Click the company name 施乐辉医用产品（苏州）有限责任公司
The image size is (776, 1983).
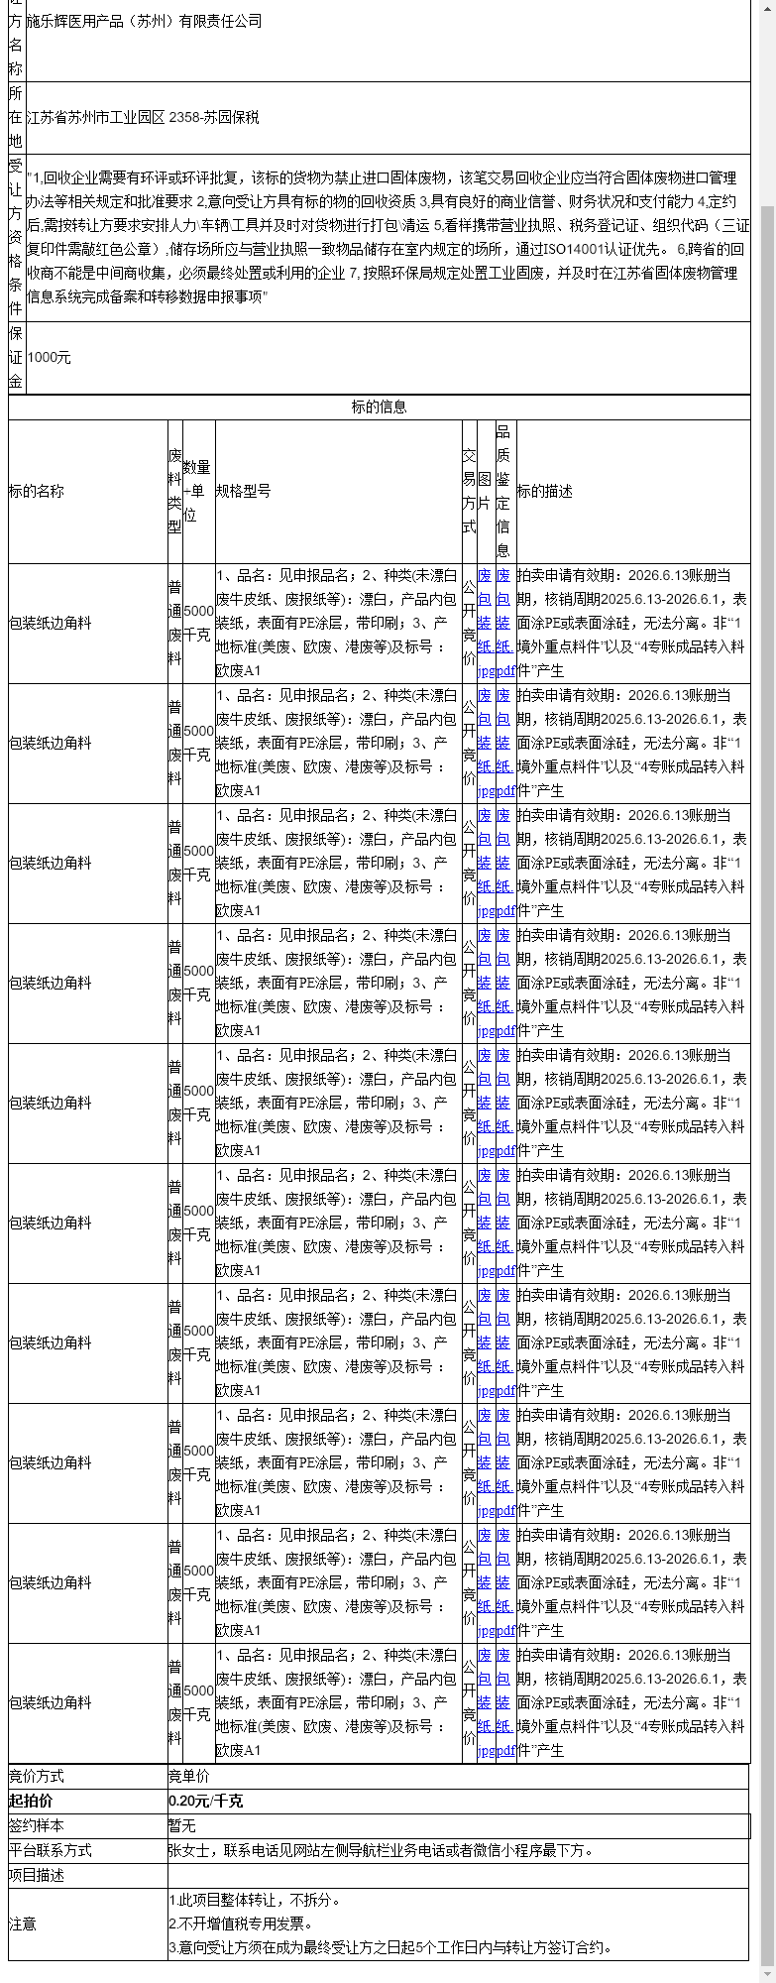[x=144, y=21]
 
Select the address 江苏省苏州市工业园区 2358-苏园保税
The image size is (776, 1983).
[x=143, y=117]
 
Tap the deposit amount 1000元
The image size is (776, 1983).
[x=50, y=357]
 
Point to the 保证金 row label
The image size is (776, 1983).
[x=16, y=357]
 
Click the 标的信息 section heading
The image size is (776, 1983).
[x=379, y=407]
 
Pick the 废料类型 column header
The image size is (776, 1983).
[x=174, y=491]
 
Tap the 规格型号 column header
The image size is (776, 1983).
[x=244, y=491]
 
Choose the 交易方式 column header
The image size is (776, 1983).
[x=469, y=491]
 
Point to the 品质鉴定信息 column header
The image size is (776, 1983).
[x=503, y=491]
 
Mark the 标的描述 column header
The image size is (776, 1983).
[x=545, y=491]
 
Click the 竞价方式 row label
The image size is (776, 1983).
[x=37, y=1776]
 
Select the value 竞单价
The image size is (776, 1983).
[x=189, y=1776]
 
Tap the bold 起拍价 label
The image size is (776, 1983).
[x=31, y=1801]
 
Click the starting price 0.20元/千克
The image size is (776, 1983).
[x=206, y=1801]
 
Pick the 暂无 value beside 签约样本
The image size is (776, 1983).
[x=182, y=1825]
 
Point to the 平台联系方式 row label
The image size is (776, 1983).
[x=51, y=1850]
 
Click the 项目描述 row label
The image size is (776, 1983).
[x=37, y=1875]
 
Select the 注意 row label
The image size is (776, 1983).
[x=23, y=1924]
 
